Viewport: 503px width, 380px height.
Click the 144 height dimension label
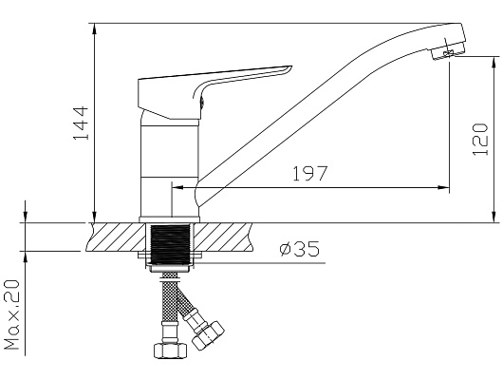81,123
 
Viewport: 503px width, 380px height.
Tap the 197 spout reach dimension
310,174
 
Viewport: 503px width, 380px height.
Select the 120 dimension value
480,139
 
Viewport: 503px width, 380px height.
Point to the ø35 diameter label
300,249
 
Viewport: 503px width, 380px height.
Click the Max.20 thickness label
11,314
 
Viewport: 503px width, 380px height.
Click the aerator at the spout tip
448,52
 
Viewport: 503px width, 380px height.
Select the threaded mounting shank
170,244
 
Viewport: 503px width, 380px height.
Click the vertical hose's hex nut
170,351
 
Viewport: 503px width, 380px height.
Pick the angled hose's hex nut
208,336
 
